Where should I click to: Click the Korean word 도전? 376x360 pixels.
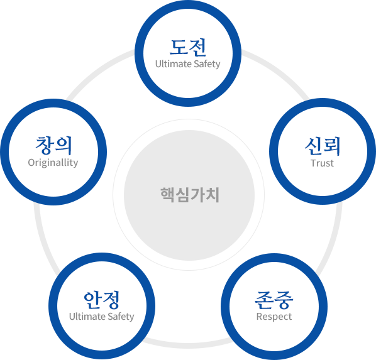click(x=188, y=47)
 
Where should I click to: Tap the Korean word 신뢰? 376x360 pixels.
click(x=323, y=146)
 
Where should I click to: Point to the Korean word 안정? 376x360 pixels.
click(x=101, y=300)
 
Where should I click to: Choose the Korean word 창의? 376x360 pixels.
click(x=53, y=145)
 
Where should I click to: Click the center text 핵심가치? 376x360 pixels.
click(x=190, y=195)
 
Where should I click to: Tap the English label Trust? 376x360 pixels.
click(x=322, y=163)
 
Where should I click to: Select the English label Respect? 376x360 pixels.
click(x=274, y=317)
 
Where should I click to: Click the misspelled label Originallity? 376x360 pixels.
click(x=53, y=163)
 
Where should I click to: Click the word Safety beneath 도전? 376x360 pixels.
click(x=207, y=64)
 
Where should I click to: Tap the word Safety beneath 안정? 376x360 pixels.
click(x=121, y=317)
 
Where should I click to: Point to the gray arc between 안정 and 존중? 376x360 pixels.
click(x=188, y=346)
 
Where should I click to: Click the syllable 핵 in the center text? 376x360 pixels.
click(x=167, y=195)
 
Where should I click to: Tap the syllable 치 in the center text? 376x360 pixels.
click(x=213, y=195)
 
